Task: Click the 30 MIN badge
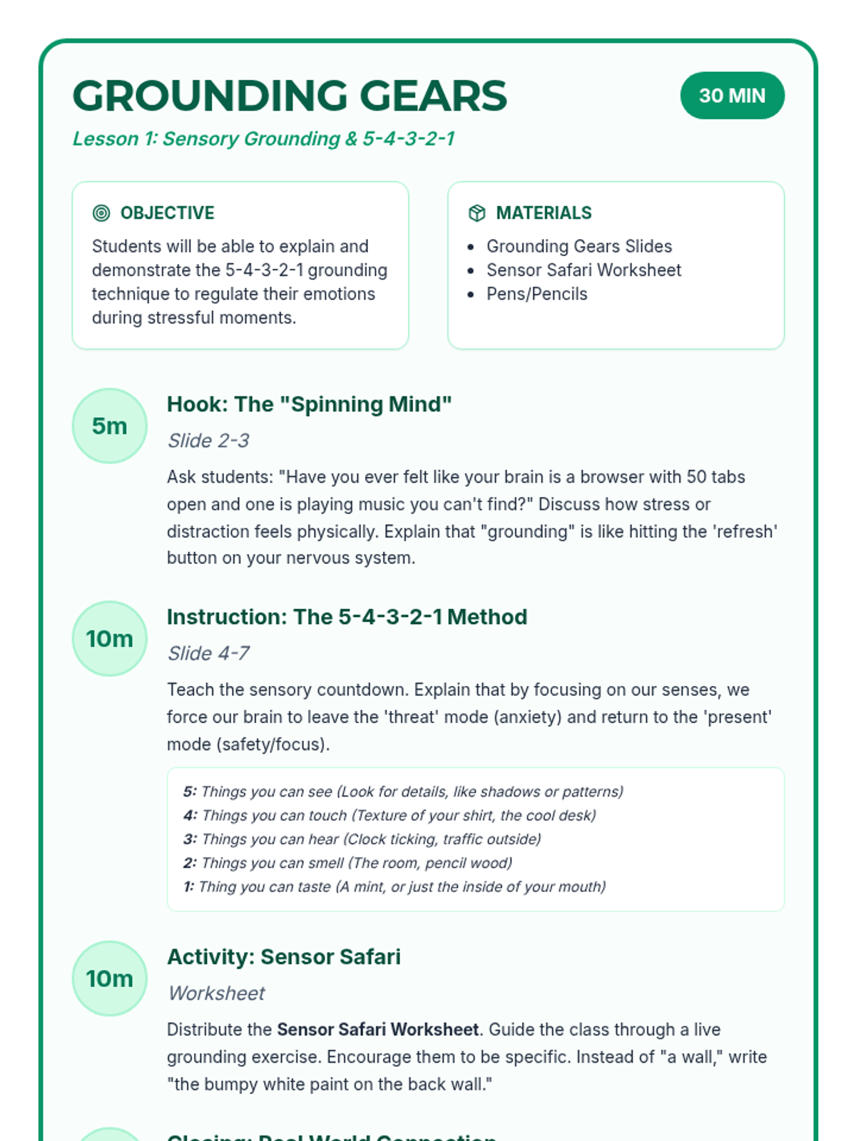[x=732, y=96]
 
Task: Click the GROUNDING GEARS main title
[x=290, y=96]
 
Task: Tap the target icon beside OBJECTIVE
[x=101, y=213]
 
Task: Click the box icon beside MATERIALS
[x=477, y=213]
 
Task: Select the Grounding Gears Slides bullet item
[x=579, y=246]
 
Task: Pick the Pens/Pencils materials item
[x=536, y=294]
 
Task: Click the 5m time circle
[x=109, y=426]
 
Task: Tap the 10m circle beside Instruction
[x=109, y=638]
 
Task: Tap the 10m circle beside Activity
[x=109, y=978]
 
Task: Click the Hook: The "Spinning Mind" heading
[x=309, y=404]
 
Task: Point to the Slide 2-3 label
[x=208, y=441]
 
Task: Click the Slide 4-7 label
[x=208, y=653]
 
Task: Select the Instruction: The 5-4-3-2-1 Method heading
[x=347, y=617]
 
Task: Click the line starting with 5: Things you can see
[x=403, y=792]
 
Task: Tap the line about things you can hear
[x=362, y=839]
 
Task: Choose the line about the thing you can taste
[x=394, y=886]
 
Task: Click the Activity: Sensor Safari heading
[x=283, y=957]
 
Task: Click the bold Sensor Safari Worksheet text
[x=377, y=1030]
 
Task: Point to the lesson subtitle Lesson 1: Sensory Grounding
[x=263, y=138]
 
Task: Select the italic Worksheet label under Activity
[x=217, y=993]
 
